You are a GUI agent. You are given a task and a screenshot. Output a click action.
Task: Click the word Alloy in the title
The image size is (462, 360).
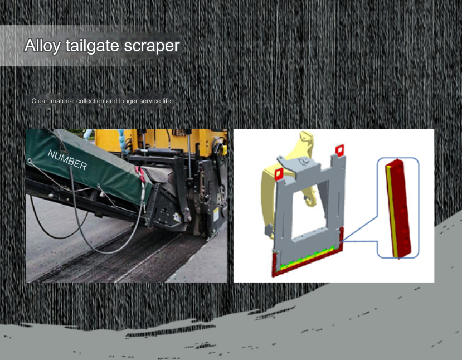[42, 46]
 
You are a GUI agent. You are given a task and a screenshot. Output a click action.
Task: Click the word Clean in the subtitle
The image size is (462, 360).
[40, 101]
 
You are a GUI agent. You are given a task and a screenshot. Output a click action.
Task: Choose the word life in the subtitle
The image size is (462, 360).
[167, 101]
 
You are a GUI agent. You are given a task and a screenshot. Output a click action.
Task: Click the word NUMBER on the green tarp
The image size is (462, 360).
[67, 160]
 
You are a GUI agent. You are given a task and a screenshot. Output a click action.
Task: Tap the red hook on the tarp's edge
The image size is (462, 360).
[141, 174]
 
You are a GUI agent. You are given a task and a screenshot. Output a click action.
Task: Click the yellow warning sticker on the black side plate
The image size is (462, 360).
[216, 214]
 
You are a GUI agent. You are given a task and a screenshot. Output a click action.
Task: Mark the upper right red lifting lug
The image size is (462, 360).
[339, 150]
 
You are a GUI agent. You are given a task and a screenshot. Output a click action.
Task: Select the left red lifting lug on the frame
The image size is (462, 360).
[279, 174]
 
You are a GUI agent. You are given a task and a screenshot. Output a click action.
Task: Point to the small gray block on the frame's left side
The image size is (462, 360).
[269, 230]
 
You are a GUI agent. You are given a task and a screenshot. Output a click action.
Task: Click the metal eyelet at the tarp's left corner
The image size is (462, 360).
[30, 160]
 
